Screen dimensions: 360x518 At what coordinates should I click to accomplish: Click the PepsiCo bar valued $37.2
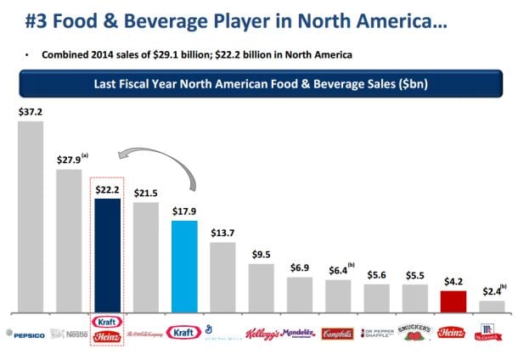pos(31,217)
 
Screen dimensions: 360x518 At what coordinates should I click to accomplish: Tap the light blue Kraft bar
pos(184,266)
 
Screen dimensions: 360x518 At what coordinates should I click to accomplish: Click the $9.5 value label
pos(262,254)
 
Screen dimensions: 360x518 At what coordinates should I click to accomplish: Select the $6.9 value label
pos(300,267)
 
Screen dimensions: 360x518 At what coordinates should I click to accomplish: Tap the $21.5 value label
pos(146,194)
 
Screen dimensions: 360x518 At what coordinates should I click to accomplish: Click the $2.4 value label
pos(490,291)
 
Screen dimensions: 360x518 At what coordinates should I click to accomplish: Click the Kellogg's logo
pos(262,334)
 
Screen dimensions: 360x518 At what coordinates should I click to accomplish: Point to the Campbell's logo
pos(338,334)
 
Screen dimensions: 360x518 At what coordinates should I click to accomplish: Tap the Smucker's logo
pos(415,333)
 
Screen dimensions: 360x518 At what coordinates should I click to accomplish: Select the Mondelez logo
pos(299,333)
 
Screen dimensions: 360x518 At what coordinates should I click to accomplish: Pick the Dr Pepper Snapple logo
pos(376,333)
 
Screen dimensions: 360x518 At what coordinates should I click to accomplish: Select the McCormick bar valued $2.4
pos(492,306)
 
